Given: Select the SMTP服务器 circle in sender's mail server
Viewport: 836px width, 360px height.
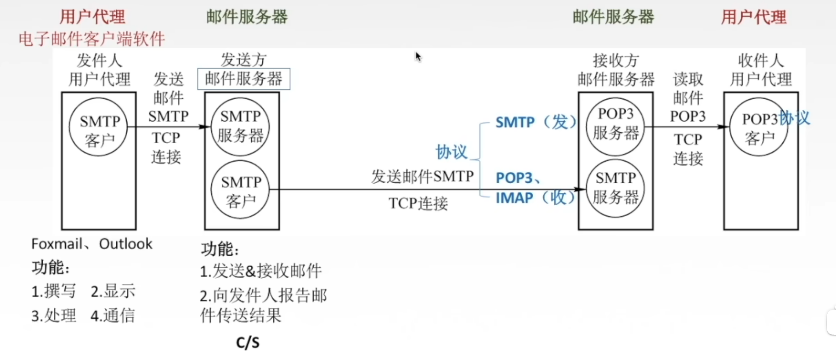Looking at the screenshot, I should [240, 126].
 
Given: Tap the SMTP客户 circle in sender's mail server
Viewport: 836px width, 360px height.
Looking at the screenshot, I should [240, 190].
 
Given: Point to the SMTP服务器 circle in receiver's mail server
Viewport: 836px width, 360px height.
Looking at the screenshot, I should [616, 188].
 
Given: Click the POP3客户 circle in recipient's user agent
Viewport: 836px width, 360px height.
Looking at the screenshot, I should [759, 127].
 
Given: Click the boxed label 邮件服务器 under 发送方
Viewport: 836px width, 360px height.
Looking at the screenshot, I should [243, 79].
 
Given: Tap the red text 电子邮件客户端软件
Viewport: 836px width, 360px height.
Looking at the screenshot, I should [92, 39].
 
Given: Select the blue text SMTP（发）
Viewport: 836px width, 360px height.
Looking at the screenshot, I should [536, 122].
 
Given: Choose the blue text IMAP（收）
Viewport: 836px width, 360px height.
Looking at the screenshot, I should [535, 198].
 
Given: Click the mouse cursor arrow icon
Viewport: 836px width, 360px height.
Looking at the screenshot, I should [418, 56].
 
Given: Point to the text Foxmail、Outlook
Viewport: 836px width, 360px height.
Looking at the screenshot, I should [91, 244].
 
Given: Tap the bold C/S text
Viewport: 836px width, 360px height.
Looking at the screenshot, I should [248, 343].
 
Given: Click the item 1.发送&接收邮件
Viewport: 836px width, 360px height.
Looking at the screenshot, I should [260, 271].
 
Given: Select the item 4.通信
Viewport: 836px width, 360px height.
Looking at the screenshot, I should [113, 315].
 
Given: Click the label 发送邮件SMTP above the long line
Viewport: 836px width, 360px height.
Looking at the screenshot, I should [422, 176].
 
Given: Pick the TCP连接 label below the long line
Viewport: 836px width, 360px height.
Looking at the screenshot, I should [418, 203].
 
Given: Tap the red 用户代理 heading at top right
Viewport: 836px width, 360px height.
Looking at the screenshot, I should [753, 17].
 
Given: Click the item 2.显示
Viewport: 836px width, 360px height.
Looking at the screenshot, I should [113, 291].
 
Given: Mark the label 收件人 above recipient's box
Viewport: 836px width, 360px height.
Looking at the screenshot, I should [760, 60].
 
